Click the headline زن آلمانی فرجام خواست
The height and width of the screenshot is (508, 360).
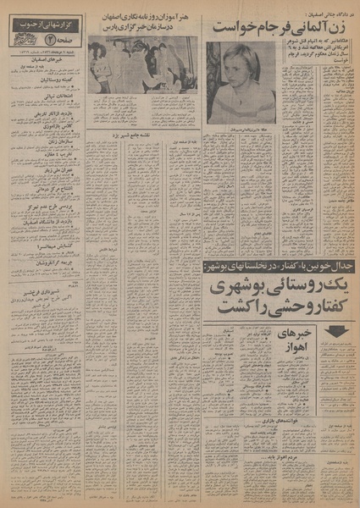click(280, 25)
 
